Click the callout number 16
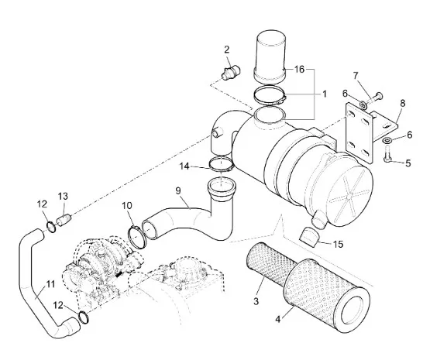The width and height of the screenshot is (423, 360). click(299, 70)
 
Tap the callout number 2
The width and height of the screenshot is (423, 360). click(226, 50)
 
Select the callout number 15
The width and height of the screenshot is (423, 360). click(339, 245)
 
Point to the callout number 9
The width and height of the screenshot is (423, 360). click(178, 190)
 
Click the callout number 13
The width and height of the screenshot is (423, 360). click(63, 197)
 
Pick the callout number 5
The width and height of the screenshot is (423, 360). click(408, 163)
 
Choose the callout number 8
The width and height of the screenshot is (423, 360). click(403, 103)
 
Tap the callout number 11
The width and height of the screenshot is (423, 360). click(50, 284)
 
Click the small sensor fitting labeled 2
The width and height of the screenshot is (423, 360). click(231, 72)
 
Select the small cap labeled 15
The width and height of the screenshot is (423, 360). click(310, 237)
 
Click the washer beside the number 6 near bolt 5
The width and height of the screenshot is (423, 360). click(387, 140)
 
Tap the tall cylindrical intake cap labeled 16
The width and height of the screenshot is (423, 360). click(270, 56)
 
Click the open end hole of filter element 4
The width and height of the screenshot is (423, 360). click(354, 310)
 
